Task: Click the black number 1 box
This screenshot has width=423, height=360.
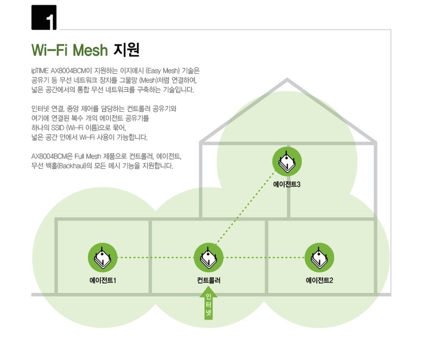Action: [43, 17]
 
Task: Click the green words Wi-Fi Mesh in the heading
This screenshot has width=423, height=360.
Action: [70, 50]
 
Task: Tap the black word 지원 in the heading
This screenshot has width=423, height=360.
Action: [127, 50]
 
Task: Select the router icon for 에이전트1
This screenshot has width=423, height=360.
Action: [103, 257]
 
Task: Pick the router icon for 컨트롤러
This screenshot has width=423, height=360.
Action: [209, 257]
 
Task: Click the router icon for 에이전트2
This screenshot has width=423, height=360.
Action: [319, 257]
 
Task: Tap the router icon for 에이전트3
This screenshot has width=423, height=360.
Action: [287, 161]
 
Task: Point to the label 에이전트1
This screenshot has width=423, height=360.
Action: [103, 280]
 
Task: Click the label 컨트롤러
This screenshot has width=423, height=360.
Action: [209, 280]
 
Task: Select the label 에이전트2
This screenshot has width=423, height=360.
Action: [319, 280]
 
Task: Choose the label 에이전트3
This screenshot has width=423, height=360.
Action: [287, 185]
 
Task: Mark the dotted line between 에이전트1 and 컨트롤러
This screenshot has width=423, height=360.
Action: [156, 257]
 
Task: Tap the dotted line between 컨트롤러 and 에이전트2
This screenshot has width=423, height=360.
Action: [264, 257]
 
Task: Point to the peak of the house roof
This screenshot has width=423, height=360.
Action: [287, 79]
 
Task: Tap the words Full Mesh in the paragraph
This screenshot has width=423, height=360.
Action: [87, 156]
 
